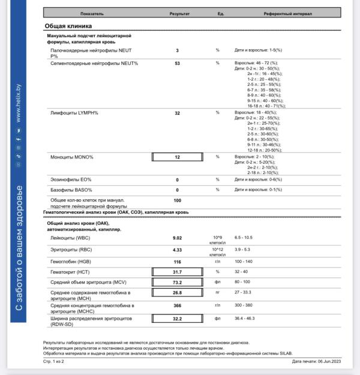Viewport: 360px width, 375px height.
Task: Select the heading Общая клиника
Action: tap(68, 26)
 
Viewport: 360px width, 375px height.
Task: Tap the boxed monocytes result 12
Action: tap(177, 157)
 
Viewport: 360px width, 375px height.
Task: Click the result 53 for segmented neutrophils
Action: tap(177, 63)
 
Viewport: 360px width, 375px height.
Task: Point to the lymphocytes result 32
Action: tap(177, 113)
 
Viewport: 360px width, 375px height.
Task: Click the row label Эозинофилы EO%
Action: tap(71, 179)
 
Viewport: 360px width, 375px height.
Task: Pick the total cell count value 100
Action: tap(177, 200)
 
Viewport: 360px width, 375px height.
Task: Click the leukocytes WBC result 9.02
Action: tap(177, 238)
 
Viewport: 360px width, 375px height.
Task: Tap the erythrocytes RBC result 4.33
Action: tap(177, 250)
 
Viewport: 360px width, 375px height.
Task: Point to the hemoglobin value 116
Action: tap(177, 262)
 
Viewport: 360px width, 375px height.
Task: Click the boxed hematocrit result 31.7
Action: tap(177, 272)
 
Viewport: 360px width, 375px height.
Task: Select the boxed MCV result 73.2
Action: tap(177, 282)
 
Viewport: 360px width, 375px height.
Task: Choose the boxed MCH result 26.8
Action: tap(177, 293)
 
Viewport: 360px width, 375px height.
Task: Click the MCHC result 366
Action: tap(177, 306)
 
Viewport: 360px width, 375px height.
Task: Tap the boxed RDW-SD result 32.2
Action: tap(177, 318)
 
